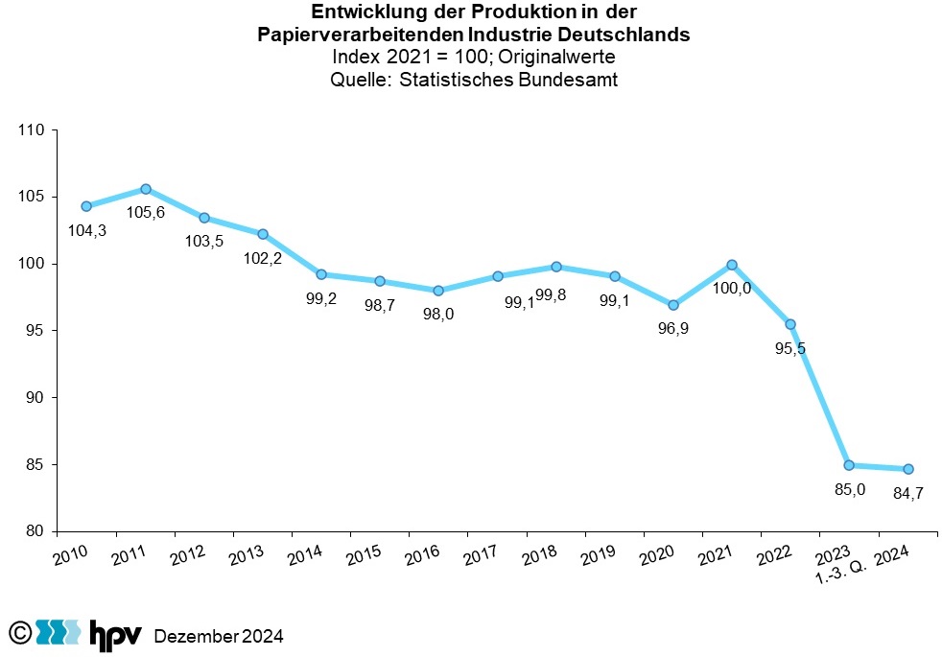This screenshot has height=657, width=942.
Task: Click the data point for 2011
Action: tap(146, 189)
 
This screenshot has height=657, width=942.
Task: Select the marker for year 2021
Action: tap(732, 265)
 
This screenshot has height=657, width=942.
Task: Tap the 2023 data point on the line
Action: tap(849, 465)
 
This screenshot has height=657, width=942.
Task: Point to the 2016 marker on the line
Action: tap(438, 291)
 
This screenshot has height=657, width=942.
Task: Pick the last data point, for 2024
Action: tap(907, 469)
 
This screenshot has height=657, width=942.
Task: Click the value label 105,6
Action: tap(146, 212)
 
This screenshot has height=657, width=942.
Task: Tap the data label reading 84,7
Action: tap(907, 493)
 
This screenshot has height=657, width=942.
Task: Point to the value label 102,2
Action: tap(262, 257)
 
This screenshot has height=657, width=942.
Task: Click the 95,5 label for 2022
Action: tap(789, 347)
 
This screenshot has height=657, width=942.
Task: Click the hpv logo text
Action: tap(115, 633)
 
